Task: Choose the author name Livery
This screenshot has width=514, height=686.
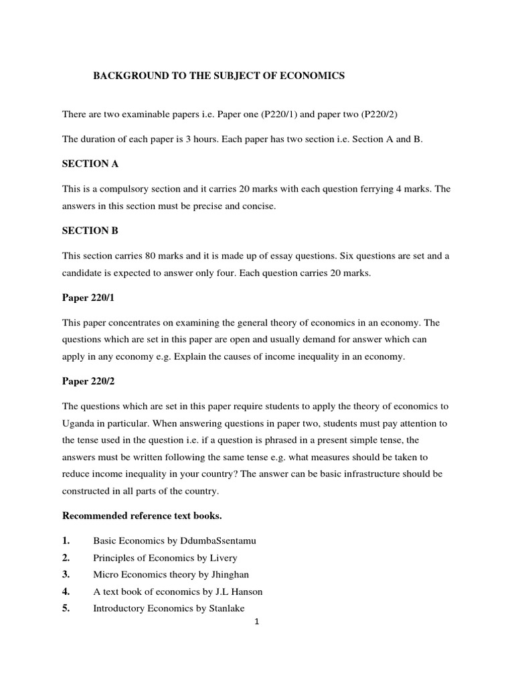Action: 224,557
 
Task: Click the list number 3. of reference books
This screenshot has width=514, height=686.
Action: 66,575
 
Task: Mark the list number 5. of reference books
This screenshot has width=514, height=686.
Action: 66,608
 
